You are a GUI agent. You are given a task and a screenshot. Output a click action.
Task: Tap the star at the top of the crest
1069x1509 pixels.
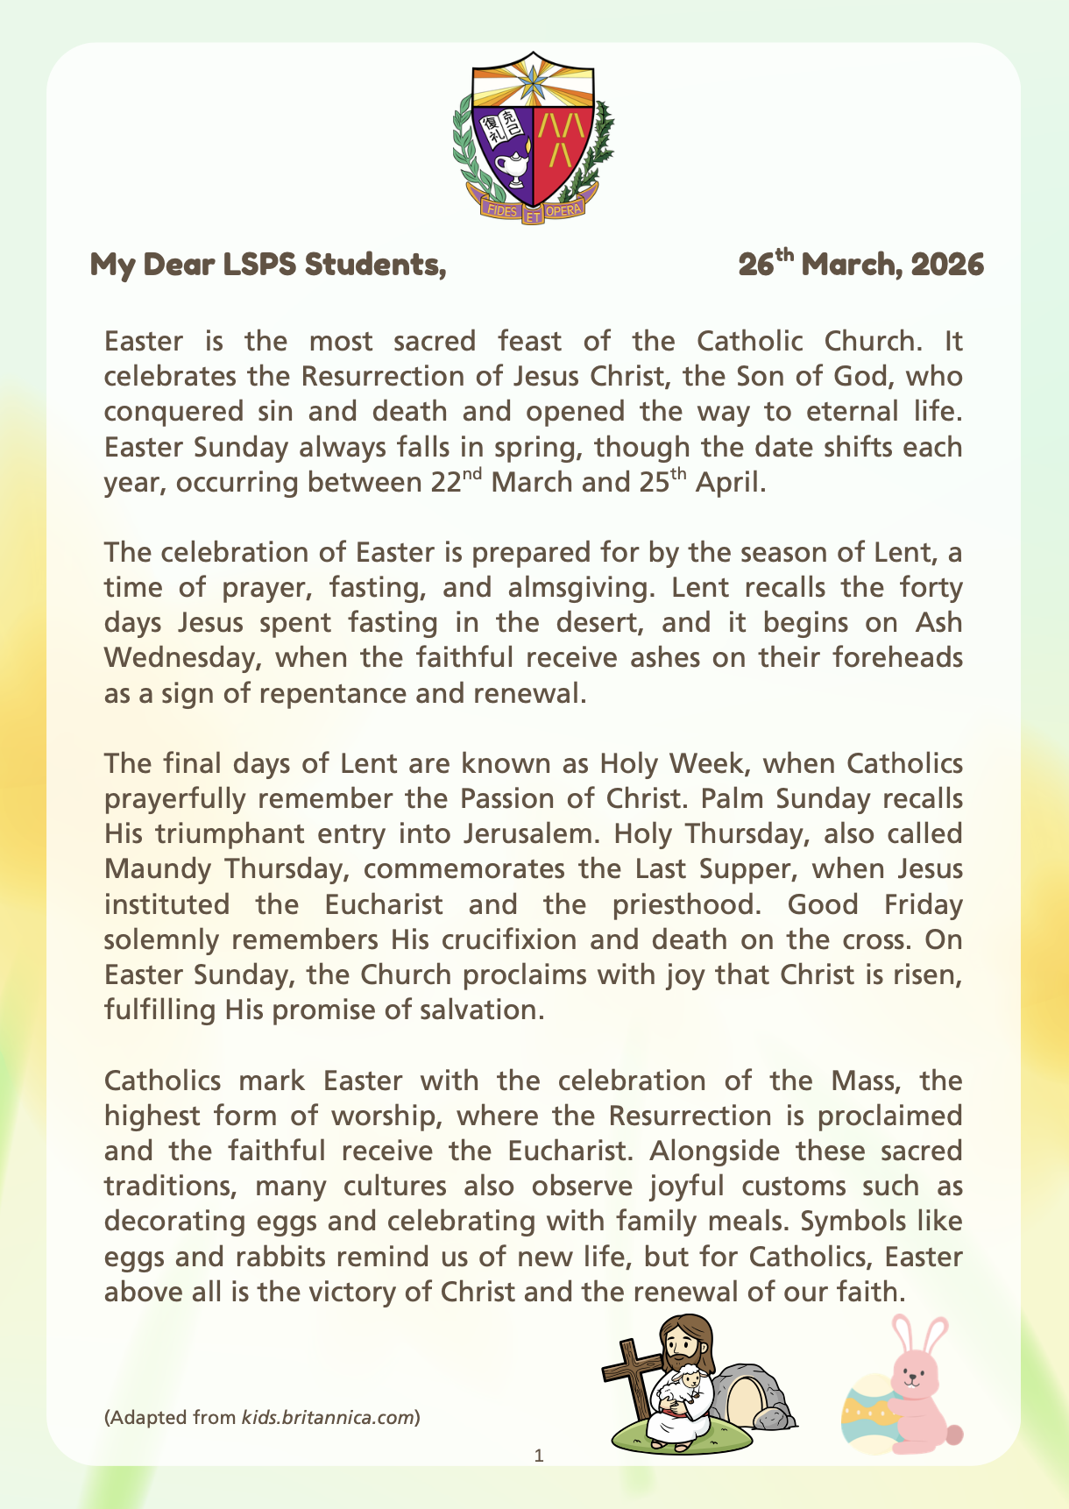coord(533,82)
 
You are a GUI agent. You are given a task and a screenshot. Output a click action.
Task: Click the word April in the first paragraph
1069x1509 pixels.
coord(730,483)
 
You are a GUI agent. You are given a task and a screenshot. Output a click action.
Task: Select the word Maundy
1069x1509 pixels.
coord(158,869)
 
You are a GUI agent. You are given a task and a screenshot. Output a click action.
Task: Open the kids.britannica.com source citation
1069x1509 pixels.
coord(329,1417)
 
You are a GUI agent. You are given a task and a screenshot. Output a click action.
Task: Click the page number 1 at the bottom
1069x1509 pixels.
coord(539,1456)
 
